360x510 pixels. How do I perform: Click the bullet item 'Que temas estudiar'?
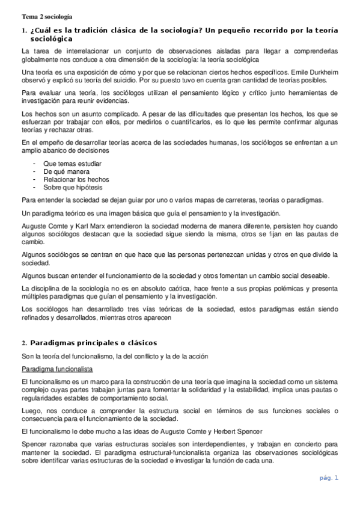pyautogui.click(x=72, y=164)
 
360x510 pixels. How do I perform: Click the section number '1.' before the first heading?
pyautogui.click(x=23, y=30)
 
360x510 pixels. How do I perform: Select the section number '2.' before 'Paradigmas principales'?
pyautogui.click(x=23, y=342)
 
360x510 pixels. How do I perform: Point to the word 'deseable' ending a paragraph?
pyautogui.click(x=313, y=275)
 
